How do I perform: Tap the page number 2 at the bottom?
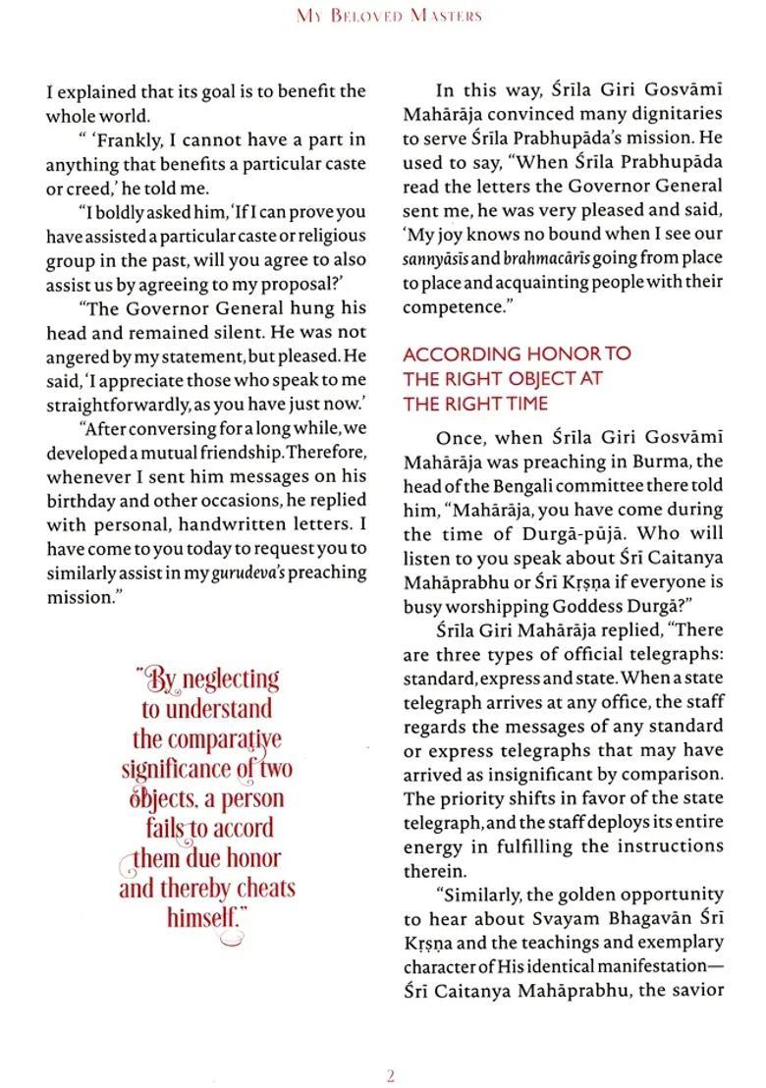click(x=390, y=1076)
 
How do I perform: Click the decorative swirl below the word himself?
click(x=229, y=940)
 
